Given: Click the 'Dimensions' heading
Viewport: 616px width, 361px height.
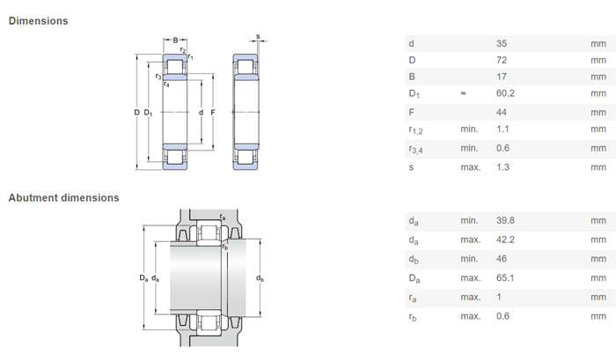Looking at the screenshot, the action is point(38,21).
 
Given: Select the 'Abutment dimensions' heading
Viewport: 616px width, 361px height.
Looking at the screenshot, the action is point(63,197).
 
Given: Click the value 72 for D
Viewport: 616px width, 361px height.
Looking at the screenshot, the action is point(502,60).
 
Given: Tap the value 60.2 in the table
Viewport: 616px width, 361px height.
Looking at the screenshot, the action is point(505,93).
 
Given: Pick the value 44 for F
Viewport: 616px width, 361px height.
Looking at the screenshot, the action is point(502,113).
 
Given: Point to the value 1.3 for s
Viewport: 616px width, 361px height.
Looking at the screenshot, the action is point(502,167).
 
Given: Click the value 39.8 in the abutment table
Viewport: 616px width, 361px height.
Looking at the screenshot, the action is point(505,221).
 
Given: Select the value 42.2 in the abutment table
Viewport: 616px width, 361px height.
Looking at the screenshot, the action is point(505,239).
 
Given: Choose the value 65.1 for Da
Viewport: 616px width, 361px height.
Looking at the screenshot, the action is point(505,278).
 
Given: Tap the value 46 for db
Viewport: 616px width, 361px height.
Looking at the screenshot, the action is point(502,259).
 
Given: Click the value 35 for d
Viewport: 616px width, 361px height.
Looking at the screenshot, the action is point(502,44).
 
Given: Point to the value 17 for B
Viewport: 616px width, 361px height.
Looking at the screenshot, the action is point(502,77).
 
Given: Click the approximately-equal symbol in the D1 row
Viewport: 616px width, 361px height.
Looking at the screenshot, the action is point(463,93).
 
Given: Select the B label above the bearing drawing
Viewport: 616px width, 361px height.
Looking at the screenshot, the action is point(175,40).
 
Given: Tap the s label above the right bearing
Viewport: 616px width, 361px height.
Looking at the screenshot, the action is point(258,37).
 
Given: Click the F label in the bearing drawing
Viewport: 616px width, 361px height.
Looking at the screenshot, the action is point(213,113).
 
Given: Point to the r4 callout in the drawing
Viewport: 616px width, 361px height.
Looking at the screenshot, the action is point(166,85).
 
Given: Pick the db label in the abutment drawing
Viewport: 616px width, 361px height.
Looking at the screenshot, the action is point(260,278).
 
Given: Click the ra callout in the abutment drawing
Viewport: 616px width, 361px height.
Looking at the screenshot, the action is point(223,217).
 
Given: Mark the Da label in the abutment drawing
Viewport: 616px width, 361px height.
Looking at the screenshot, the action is point(143,278).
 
